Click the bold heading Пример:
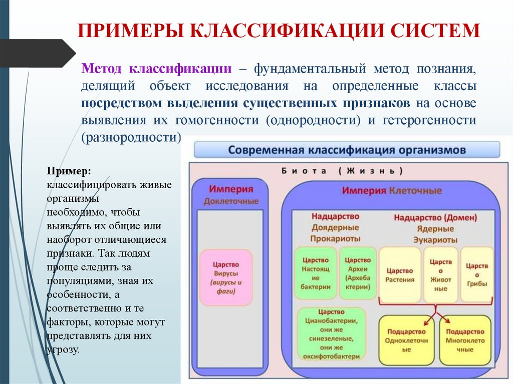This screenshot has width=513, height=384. [x=69, y=171]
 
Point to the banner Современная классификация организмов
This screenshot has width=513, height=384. [x=347, y=150]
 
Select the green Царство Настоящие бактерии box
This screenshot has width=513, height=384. [x=316, y=273]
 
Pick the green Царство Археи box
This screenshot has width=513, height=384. [x=358, y=273]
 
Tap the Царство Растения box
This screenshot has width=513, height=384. [x=399, y=274]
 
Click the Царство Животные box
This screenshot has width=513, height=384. [x=440, y=274]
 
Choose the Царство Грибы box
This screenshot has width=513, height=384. [x=476, y=274]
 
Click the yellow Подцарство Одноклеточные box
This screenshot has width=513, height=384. [x=406, y=340]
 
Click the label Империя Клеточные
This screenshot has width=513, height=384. [x=392, y=191]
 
